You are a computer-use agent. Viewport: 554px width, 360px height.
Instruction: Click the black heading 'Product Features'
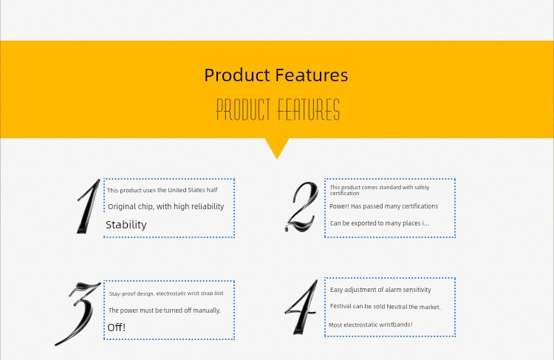point(276,75)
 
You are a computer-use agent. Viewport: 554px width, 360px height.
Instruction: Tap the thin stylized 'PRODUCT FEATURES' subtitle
point(278,109)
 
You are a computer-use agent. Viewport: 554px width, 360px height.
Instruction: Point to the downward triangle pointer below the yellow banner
point(277,149)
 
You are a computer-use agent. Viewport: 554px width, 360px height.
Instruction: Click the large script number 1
point(89,206)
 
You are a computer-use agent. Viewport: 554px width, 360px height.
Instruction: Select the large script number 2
point(301,207)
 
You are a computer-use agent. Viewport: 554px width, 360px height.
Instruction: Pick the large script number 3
point(78,313)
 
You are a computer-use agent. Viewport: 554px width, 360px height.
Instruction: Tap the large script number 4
point(301,307)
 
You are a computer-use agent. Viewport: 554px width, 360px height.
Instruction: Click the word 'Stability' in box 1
point(126,225)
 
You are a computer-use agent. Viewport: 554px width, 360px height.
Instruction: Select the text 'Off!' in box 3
point(116,327)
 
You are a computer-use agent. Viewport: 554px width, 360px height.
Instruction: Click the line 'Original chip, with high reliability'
point(165,206)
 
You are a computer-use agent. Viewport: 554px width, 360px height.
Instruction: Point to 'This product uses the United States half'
point(163,190)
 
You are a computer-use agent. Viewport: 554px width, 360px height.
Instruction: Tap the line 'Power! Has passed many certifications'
point(383,206)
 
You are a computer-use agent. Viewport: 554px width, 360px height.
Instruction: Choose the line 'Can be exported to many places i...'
point(380,223)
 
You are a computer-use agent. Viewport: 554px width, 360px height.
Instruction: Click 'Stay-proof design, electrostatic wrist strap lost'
point(166,293)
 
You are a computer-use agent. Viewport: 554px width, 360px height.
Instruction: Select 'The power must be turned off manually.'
point(164,310)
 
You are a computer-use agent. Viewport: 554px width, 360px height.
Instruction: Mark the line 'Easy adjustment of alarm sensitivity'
point(380,290)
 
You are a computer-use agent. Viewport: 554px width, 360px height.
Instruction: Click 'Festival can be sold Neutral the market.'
point(385,307)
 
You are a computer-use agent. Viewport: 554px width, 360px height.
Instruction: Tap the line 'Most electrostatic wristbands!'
point(370,325)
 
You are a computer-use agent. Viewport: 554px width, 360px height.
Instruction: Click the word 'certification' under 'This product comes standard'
point(344,194)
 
